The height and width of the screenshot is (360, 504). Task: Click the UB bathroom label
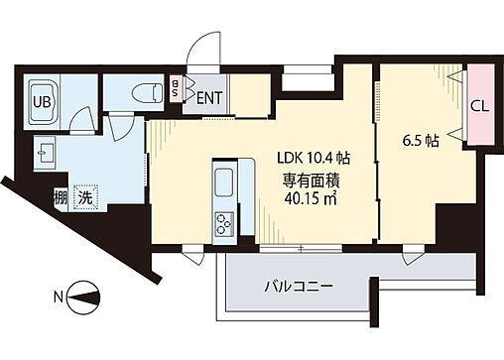(x=44, y=101)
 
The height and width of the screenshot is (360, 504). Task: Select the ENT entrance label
(x=208, y=97)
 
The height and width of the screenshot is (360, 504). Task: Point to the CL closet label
(x=477, y=106)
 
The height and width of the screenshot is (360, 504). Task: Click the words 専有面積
(x=313, y=180)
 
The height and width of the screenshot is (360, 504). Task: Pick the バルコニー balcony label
(x=298, y=289)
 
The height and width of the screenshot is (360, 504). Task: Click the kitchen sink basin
(x=219, y=183)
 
